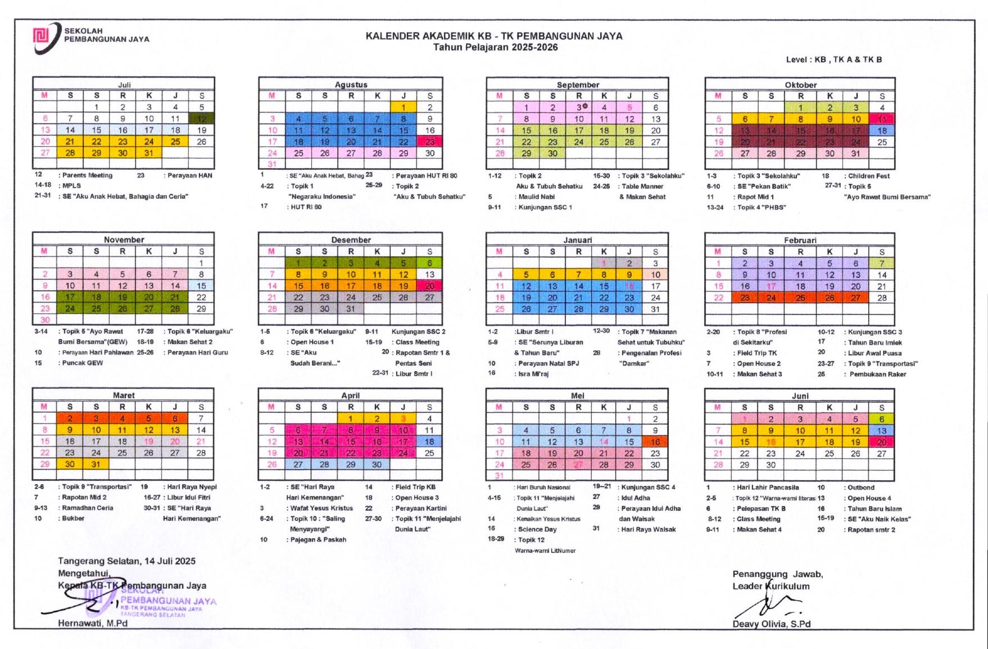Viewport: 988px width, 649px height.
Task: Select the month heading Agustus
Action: tap(351, 85)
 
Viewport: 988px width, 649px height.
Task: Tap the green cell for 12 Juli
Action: tap(202, 119)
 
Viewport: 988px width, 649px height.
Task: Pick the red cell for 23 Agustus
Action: tap(430, 142)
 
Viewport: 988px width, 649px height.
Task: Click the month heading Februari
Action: tap(800, 240)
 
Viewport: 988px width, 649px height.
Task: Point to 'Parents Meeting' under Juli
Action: tap(87, 175)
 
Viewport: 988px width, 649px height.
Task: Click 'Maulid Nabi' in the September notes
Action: tap(536, 197)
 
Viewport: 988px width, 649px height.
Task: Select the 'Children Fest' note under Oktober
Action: tap(869, 176)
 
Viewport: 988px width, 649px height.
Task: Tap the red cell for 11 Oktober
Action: tap(882, 119)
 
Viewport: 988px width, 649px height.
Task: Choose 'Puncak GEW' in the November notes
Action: tap(82, 363)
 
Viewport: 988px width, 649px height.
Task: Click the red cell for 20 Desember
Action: tap(430, 286)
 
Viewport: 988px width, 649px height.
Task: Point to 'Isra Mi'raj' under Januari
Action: tap(533, 373)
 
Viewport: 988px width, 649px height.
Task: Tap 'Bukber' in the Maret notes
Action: tap(73, 519)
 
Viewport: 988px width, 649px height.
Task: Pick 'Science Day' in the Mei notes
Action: tap(537, 529)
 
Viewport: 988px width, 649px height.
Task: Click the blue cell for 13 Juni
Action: tap(882, 431)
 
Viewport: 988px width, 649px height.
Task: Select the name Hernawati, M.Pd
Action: tap(93, 623)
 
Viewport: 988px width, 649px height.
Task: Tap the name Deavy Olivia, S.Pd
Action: tap(771, 624)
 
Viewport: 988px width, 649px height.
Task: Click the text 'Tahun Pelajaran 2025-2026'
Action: tap(495, 47)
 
